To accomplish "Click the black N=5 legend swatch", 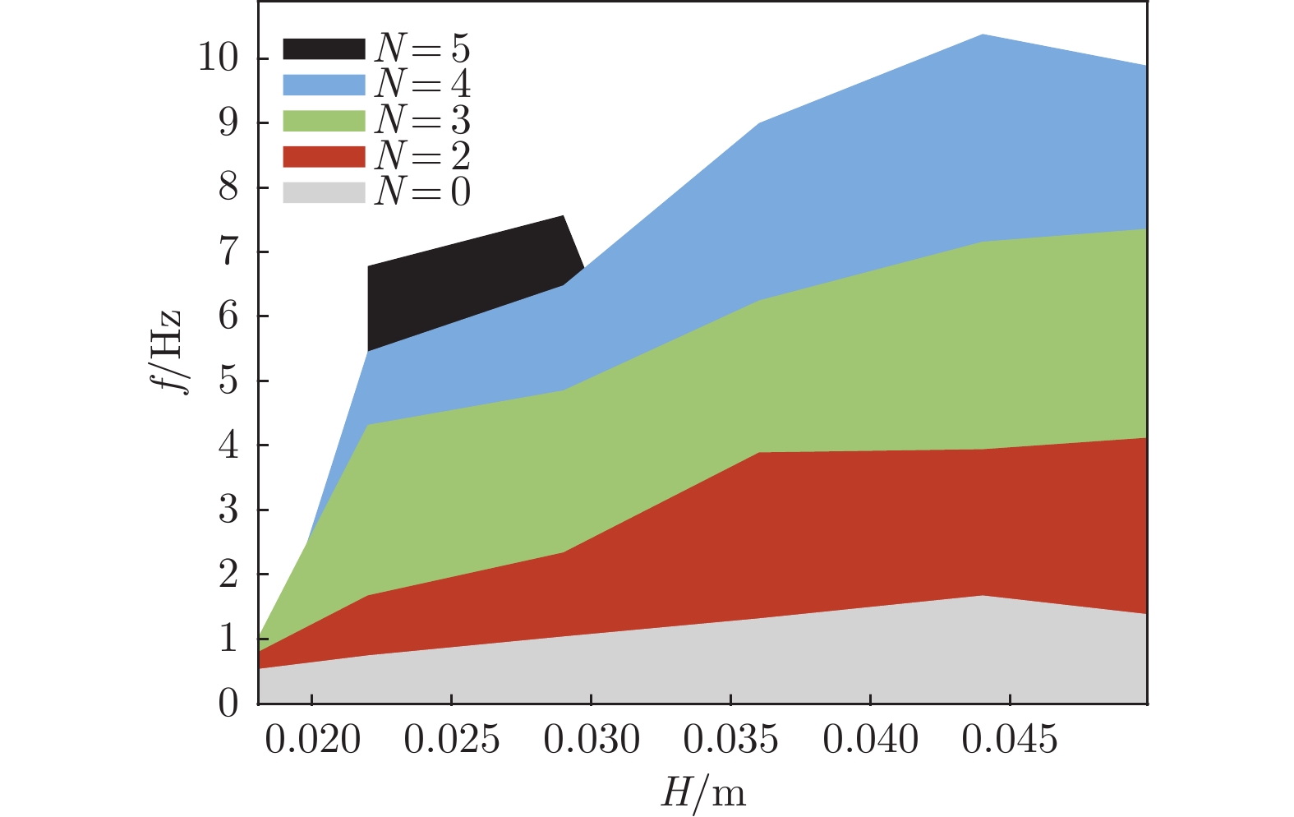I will coord(324,48).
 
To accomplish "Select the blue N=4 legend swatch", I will coord(324,85).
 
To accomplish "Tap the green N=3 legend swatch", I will coord(324,121).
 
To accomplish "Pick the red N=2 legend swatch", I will coord(324,156).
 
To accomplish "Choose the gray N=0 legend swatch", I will coord(324,192).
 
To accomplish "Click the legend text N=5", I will coord(422,48).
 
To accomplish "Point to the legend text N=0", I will coord(422,192).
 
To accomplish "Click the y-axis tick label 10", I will coord(218,58).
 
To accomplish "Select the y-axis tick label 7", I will coord(228,252).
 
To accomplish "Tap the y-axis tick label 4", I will coord(228,445).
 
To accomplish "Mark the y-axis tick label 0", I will coord(228,704).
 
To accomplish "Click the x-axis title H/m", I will coord(703,794).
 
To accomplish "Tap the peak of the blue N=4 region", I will coord(983,36).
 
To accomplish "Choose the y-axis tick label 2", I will coord(228,574).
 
